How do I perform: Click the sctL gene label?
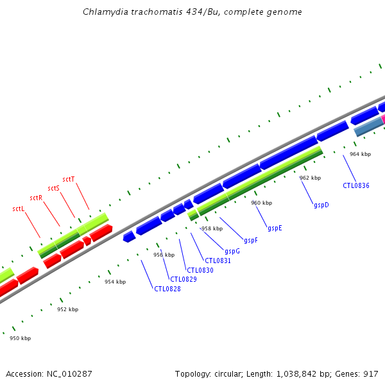[19, 209]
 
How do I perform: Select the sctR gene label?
[36, 198]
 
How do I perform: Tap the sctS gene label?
[53, 189]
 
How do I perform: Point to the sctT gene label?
[69, 179]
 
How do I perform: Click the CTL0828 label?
[167, 289]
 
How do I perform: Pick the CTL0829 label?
[184, 279]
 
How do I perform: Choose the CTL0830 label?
[200, 270]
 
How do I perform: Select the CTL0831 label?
[218, 261]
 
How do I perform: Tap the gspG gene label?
[232, 251]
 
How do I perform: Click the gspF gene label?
[250, 241]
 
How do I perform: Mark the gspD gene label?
[321, 205]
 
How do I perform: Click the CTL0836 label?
[356, 185]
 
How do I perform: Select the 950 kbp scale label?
[20, 338]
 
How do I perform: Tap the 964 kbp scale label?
[360, 154]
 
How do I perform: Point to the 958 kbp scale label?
[212, 228]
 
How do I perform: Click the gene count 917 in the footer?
[372, 373]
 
